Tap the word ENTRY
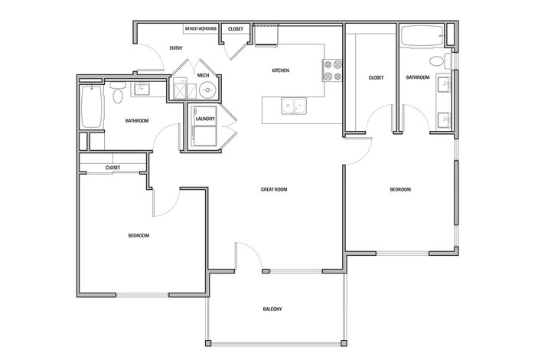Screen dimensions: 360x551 (176, 48)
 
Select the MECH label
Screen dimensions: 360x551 (203, 75)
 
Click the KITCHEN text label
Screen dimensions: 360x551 (280, 70)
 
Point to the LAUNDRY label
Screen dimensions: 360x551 (204, 119)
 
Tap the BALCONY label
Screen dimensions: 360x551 (272, 309)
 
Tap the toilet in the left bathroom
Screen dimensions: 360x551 (117, 95)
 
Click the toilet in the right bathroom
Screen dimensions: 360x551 (437, 61)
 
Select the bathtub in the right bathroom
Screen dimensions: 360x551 (419, 34)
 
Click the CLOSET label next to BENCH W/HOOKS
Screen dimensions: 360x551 (236, 29)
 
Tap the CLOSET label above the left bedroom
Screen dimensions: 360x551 (112, 167)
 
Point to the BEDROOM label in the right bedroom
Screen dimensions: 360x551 (400, 189)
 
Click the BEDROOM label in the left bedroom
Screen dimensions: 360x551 (138, 235)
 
